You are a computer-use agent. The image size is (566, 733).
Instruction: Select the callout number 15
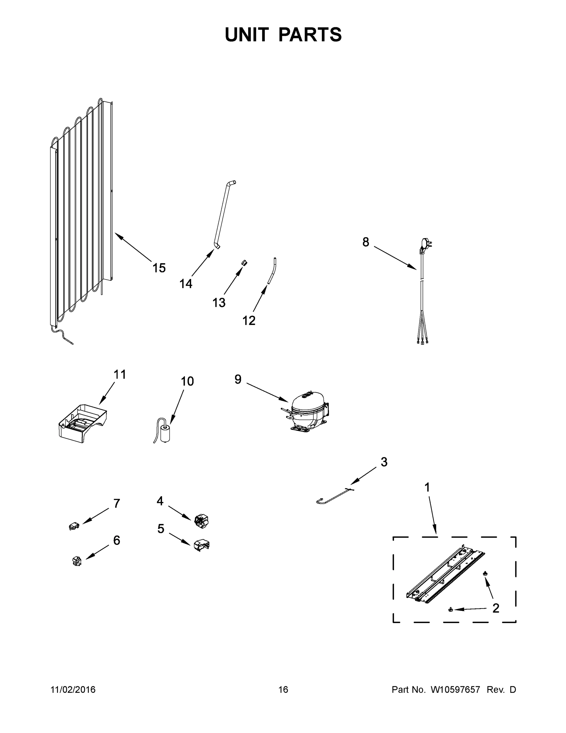click(x=159, y=268)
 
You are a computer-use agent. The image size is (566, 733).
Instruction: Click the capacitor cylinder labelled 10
click(x=165, y=434)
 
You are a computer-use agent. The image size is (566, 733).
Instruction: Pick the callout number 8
click(x=366, y=242)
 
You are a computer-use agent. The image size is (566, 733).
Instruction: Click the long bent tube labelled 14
click(x=223, y=215)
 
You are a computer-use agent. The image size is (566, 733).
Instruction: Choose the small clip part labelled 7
click(x=74, y=526)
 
